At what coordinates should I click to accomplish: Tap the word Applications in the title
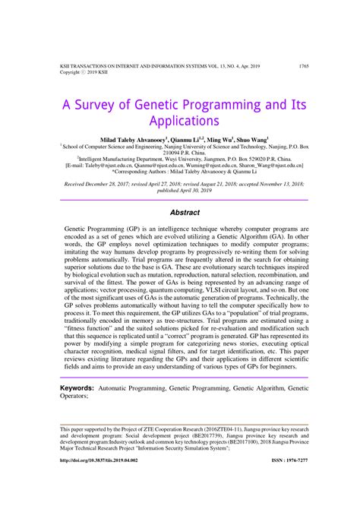point(179,121)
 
